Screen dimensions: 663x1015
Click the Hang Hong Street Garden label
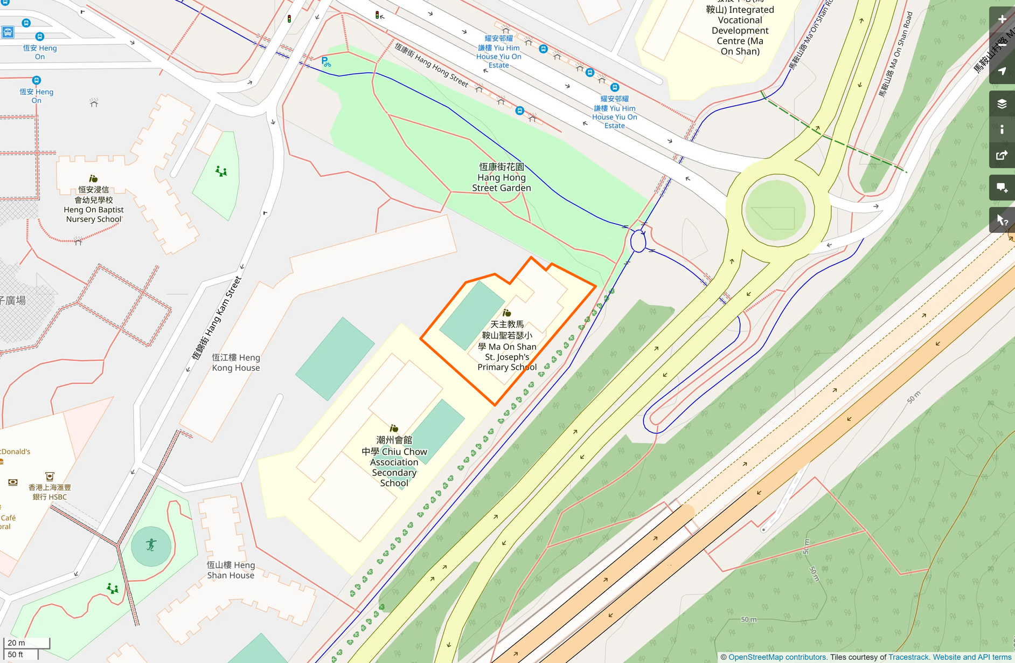coord(502,177)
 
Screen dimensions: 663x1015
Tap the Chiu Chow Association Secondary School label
coord(394,462)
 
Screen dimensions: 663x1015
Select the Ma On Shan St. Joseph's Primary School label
coord(507,346)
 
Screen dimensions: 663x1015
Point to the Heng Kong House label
coord(235,363)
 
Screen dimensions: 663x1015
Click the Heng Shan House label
coord(231,570)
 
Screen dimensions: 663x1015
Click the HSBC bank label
coord(50,492)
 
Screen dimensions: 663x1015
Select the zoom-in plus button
coord(1002,19)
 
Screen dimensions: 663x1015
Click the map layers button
coord(1002,104)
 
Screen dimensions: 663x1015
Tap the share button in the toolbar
coord(1002,156)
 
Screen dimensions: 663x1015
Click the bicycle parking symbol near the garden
coord(325,62)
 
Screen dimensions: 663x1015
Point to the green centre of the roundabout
coord(775,211)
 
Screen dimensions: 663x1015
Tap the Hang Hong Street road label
coord(431,65)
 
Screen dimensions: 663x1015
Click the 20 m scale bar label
coord(17,643)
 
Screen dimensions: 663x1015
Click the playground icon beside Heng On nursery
coord(221,171)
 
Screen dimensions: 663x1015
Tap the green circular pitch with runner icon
coord(151,545)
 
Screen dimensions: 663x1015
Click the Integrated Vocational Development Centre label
coord(740,30)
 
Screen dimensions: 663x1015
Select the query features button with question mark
coord(1002,220)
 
